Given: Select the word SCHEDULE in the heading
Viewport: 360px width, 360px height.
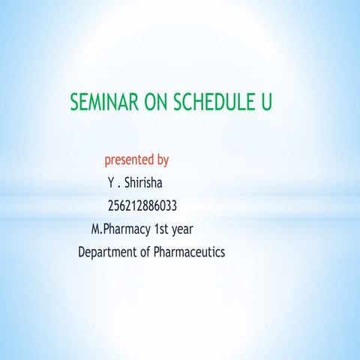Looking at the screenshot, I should click(214, 103).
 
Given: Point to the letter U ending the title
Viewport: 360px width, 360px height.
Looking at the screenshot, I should click(265, 103).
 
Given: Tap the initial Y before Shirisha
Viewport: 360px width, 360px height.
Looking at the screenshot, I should click(111, 182).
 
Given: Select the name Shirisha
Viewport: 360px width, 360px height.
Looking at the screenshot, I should click(144, 182).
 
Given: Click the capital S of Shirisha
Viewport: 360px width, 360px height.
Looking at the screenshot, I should click(127, 182).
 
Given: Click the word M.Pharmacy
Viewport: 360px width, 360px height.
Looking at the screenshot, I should click(120, 229).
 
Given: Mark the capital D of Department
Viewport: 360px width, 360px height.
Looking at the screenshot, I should click(82, 252).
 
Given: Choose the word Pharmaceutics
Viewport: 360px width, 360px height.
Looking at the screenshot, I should click(189, 252).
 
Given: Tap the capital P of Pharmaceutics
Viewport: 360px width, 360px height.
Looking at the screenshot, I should click(157, 252).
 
